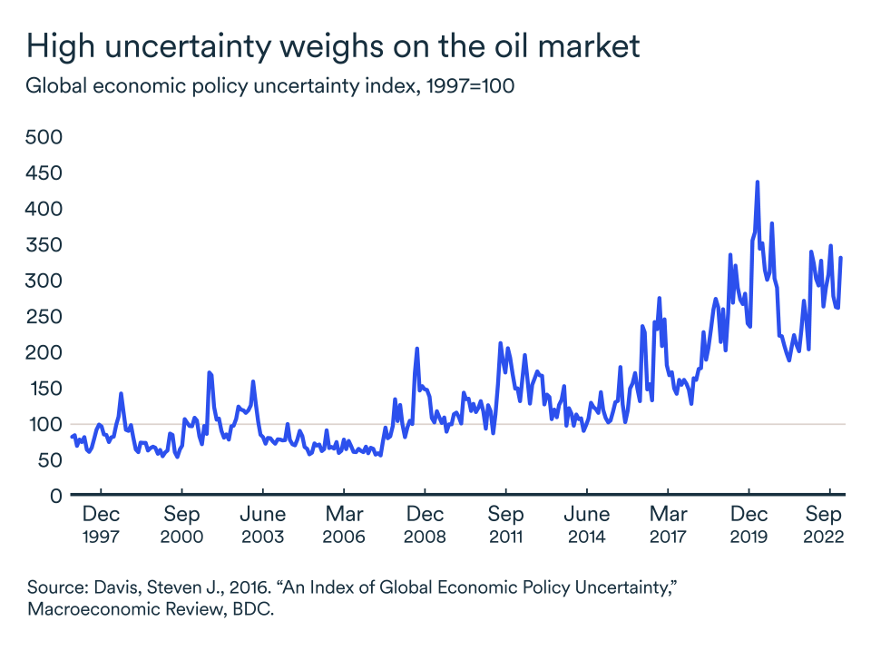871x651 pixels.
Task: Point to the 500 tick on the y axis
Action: click(x=43, y=137)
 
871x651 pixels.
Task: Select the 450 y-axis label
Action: click(x=43, y=173)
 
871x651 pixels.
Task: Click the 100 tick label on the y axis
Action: click(x=43, y=424)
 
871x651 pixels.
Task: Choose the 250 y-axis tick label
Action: click(x=43, y=317)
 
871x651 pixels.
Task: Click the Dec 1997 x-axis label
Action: click(x=101, y=526)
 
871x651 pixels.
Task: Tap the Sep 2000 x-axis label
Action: click(x=181, y=526)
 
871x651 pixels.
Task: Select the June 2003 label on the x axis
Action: click(x=263, y=526)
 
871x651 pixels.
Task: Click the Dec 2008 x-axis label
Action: click(x=425, y=526)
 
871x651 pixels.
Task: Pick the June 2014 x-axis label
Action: click(x=587, y=526)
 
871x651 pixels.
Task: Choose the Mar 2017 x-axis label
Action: click(x=669, y=526)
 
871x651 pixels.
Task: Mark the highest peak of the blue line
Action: click(x=757, y=182)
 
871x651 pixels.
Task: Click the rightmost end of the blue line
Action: click(x=841, y=258)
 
